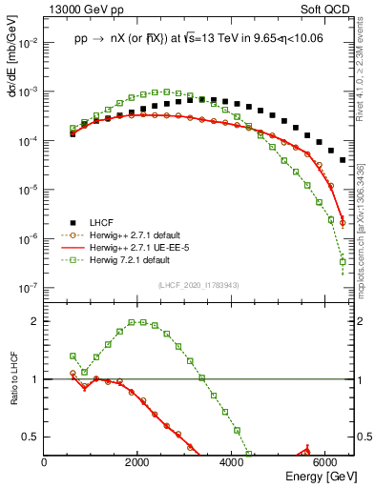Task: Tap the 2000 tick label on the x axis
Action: (x=138, y=462)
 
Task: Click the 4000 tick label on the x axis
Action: (x=232, y=462)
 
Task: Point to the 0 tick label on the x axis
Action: (x=45, y=462)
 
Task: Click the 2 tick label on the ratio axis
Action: (x=36, y=321)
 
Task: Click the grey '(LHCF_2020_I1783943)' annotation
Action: (x=198, y=286)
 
